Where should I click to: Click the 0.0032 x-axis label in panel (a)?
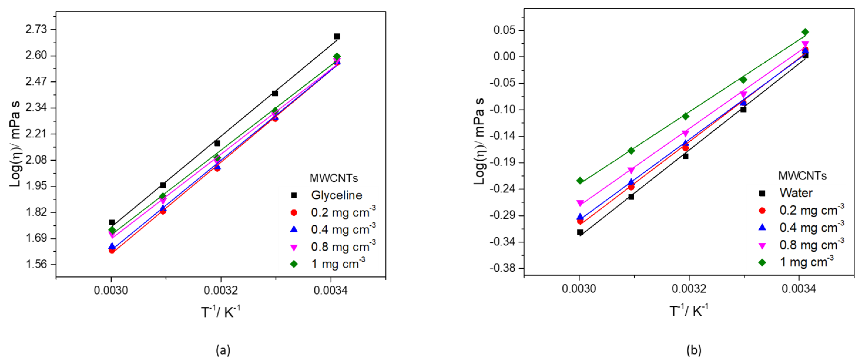[x=221, y=290]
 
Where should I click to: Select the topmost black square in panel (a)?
[x=337, y=36]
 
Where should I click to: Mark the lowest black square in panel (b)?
[x=580, y=232]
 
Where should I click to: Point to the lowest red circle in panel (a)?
[x=112, y=250]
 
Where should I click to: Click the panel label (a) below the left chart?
[x=223, y=350]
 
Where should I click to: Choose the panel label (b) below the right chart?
[x=694, y=350]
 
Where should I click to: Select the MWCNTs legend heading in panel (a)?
[x=334, y=178]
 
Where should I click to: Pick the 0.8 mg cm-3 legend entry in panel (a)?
[x=343, y=247]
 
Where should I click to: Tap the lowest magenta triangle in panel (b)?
[x=580, y=203]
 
